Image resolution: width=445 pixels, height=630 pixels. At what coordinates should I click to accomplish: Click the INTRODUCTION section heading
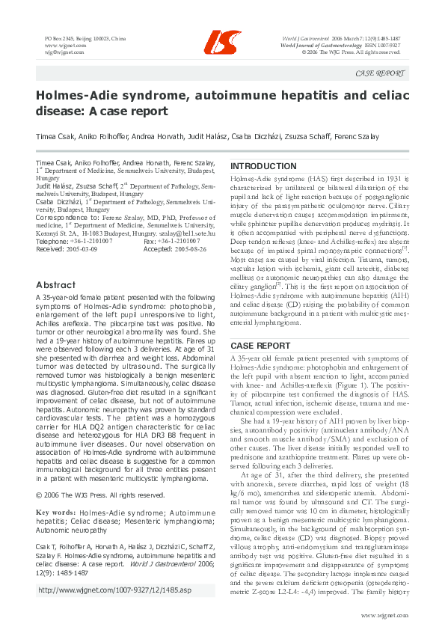pyautogui.click(x=263, y=166)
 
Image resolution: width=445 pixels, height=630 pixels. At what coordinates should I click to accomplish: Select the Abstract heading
pyautogui.click(x=55, y=285)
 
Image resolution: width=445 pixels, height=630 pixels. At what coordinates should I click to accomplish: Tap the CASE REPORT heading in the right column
pyautogui.click(x=260, y=346)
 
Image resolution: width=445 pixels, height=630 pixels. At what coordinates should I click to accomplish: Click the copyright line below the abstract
pyautogui.click(x=100, y=495)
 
